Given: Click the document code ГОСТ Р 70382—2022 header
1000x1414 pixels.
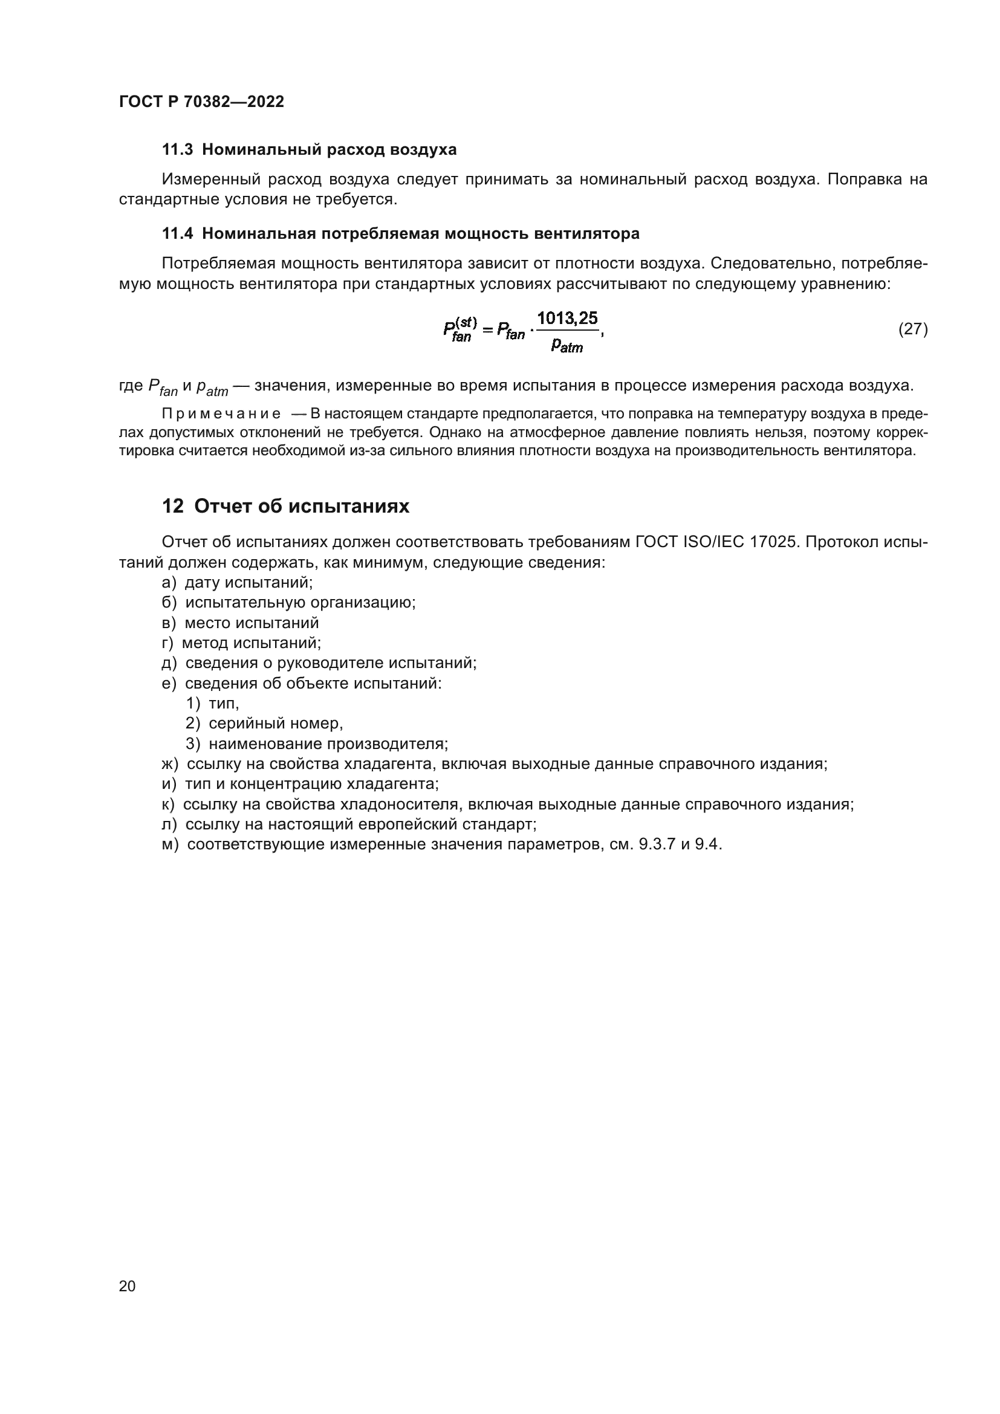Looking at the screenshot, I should point(201,102).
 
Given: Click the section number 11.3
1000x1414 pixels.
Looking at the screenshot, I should point(177,150).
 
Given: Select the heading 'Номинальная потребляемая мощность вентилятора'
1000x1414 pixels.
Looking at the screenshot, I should point(421,233).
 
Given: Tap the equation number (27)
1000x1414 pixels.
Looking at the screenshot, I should point(912,329).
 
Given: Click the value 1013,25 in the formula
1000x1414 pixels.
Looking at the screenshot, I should point(567,319).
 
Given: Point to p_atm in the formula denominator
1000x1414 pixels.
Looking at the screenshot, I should point(567,346).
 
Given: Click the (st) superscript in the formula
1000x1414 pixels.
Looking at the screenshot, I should point(466,322).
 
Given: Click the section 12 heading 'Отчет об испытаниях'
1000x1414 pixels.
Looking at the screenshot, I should point(301,506).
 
